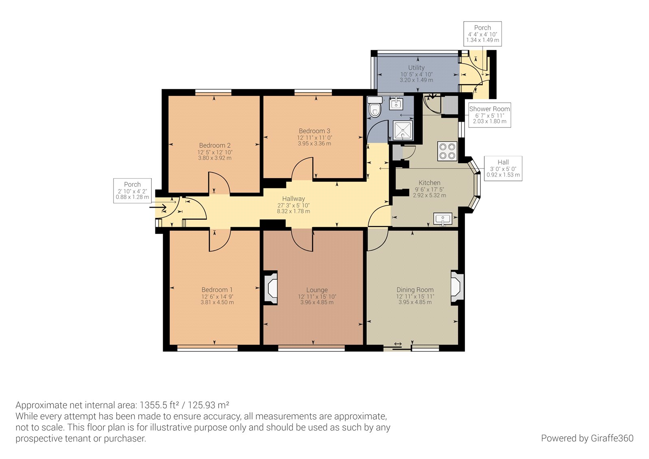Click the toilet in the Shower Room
tap(375, 107)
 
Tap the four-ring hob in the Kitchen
tap(447, 151)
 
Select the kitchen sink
tap(443, 219)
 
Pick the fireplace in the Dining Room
tap(457, 288)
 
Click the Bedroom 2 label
tap(215, 145)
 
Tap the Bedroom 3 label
tap(314, 131)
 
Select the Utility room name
tap(416, 67)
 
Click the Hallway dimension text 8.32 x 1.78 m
tap(294, 211)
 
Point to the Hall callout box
tap(503, 168)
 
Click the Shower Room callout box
tap(489, 115)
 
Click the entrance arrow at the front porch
tap(158, 208)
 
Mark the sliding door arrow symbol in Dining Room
tap(398, 344)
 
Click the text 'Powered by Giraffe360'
tap(587, 438)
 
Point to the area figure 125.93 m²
tap(208, 405)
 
